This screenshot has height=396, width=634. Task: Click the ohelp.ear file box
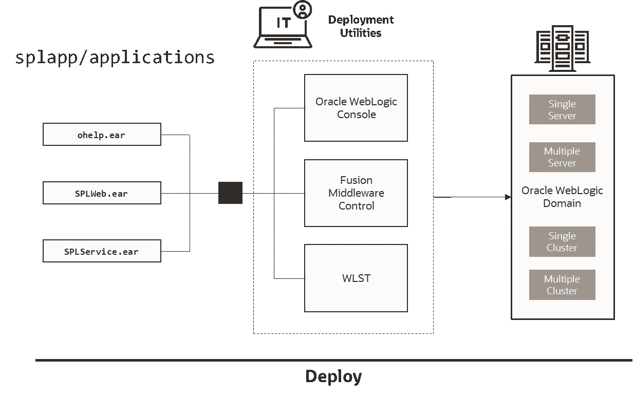[x=102, y=135]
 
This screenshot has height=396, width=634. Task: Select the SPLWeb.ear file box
[x=102, y=194]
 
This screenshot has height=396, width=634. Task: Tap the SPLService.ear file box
[x=102, y=252]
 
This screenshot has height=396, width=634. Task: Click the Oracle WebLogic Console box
[x=356, y=108]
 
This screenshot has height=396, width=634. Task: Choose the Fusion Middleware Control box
[x=356, y=193]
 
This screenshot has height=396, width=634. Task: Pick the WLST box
[x=356, y=278]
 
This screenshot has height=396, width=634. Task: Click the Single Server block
[x=562, y=109]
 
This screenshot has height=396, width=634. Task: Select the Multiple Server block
[x=562, y=157]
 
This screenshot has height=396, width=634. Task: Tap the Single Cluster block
[x=562, y=241]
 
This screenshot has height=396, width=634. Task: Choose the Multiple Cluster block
[x=562, y=285]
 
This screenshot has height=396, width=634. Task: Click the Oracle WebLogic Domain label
[x=562, y=197]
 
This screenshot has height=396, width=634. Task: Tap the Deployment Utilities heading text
[x=361, y=26]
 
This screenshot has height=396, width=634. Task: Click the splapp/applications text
[x=115, y=57]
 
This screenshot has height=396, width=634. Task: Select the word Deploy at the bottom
[x=333, y=376]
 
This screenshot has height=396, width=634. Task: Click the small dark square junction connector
[x=230, y=193]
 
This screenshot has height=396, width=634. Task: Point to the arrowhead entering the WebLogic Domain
[x=508, y=197]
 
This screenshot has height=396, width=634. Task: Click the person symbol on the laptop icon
[x=303, y=9]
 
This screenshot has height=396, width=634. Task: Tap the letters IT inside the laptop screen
[x=283, y=24]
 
